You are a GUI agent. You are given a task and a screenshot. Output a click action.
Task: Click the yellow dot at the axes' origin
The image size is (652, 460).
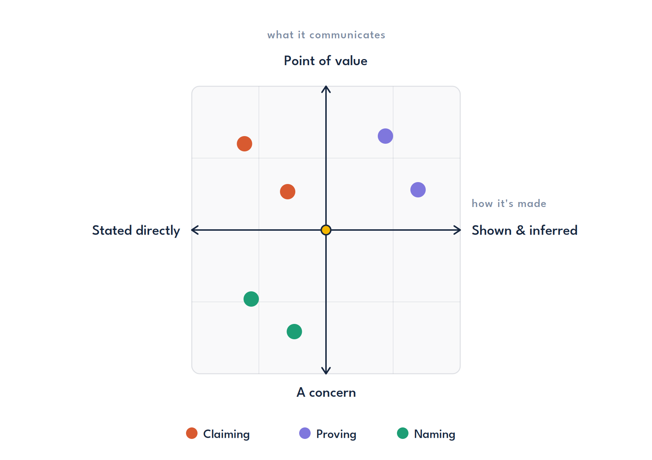click(326, 230)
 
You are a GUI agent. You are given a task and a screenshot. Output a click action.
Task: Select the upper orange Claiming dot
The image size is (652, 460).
click(244, 144)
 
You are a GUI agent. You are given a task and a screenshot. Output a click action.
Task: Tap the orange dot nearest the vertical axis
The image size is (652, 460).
click(287, 192)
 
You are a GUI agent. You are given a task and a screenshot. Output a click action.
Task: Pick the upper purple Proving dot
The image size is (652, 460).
click(385, 136)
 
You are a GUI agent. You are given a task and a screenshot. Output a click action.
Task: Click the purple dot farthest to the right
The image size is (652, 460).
click(418, 190)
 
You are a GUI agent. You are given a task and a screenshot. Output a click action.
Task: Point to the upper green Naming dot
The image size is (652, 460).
click(251, 299)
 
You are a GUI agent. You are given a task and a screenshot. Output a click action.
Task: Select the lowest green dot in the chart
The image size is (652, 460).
click(294, 332)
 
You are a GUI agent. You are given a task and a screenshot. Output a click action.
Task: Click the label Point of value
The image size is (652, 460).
click(325, 61)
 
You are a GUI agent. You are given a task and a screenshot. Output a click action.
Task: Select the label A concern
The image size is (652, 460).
click(326, 393)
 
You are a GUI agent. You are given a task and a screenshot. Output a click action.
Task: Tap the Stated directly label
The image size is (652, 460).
click(136, 230)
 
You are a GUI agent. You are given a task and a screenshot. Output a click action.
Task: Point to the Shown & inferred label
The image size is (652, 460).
click(525, 230)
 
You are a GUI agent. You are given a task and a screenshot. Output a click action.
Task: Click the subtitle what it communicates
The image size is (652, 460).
click(326, 35)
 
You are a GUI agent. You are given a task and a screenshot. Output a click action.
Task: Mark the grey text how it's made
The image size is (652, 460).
click(509, 204)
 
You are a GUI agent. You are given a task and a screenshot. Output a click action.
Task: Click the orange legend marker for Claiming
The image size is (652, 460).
click(191, 433)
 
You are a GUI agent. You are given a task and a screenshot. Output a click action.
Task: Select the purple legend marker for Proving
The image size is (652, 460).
click(305, 433)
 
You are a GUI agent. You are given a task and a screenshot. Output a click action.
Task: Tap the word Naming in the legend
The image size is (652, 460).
click(434, 434)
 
